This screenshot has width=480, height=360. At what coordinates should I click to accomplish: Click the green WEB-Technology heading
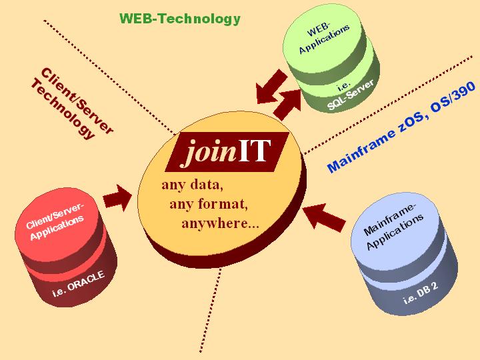[179, 19]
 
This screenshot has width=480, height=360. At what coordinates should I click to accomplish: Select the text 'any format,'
[209, 203]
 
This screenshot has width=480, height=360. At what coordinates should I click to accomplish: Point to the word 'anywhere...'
[220, 223]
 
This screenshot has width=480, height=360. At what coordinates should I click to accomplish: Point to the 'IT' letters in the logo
[255, 151]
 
